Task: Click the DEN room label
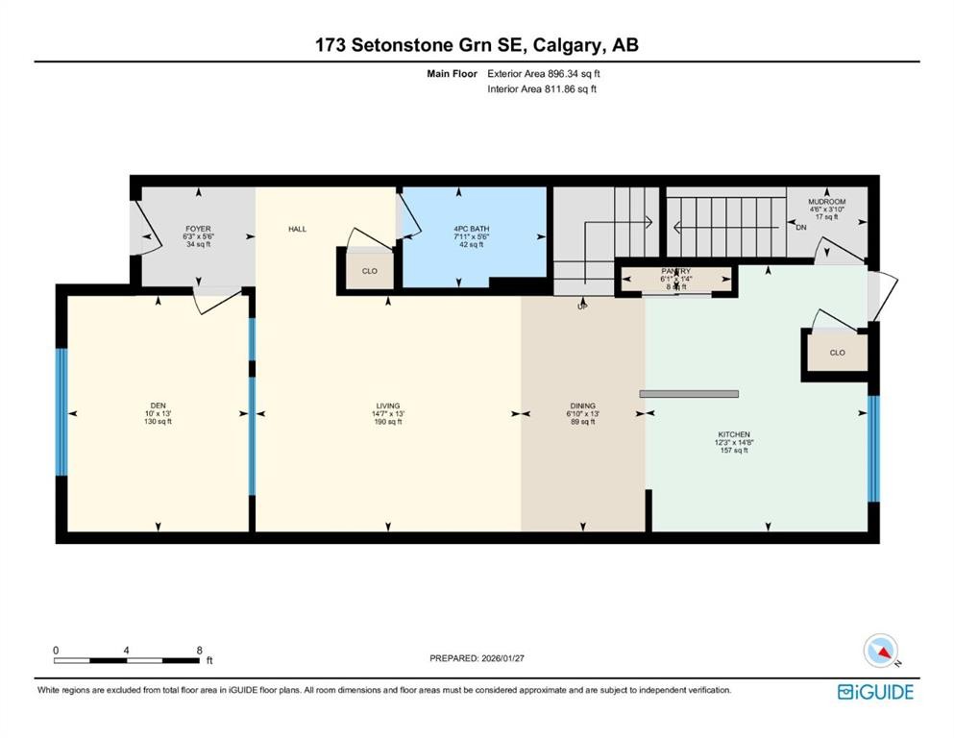(158, 406)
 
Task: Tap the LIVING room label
(388, 406)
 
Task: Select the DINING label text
(582, 406)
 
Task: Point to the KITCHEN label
(733, 434)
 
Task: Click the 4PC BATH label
(472, 229)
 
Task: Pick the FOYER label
(198, 229)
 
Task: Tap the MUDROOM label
(826, 202)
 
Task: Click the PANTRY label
(675, 272)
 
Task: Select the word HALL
(297, 229)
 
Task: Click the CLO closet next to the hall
(369, 271)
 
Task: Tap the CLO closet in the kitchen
(837, 353)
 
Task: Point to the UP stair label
(581, 307)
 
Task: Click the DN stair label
(801, 228)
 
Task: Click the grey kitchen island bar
(689, 393)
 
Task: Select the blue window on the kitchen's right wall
(873, 449)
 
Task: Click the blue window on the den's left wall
(61, 411)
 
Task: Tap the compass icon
(881, 651)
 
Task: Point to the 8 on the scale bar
(198, 650)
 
